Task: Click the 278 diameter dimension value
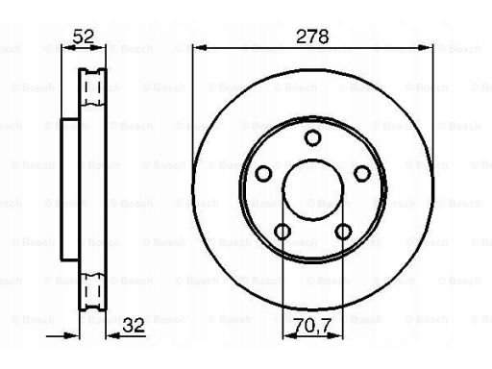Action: tap(312, 37)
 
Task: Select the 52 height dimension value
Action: tap(84, 37)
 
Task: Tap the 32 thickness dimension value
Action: tap(134, 326)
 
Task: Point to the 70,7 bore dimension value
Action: tap(312, 326)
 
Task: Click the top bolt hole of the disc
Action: tap(312, 137)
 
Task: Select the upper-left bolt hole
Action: tap(263, 173)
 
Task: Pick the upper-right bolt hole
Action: tap(362, 173)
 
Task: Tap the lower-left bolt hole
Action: tap(283, 232)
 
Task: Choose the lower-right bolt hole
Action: tap(343, 232)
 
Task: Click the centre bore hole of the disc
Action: tap(312, 189)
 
